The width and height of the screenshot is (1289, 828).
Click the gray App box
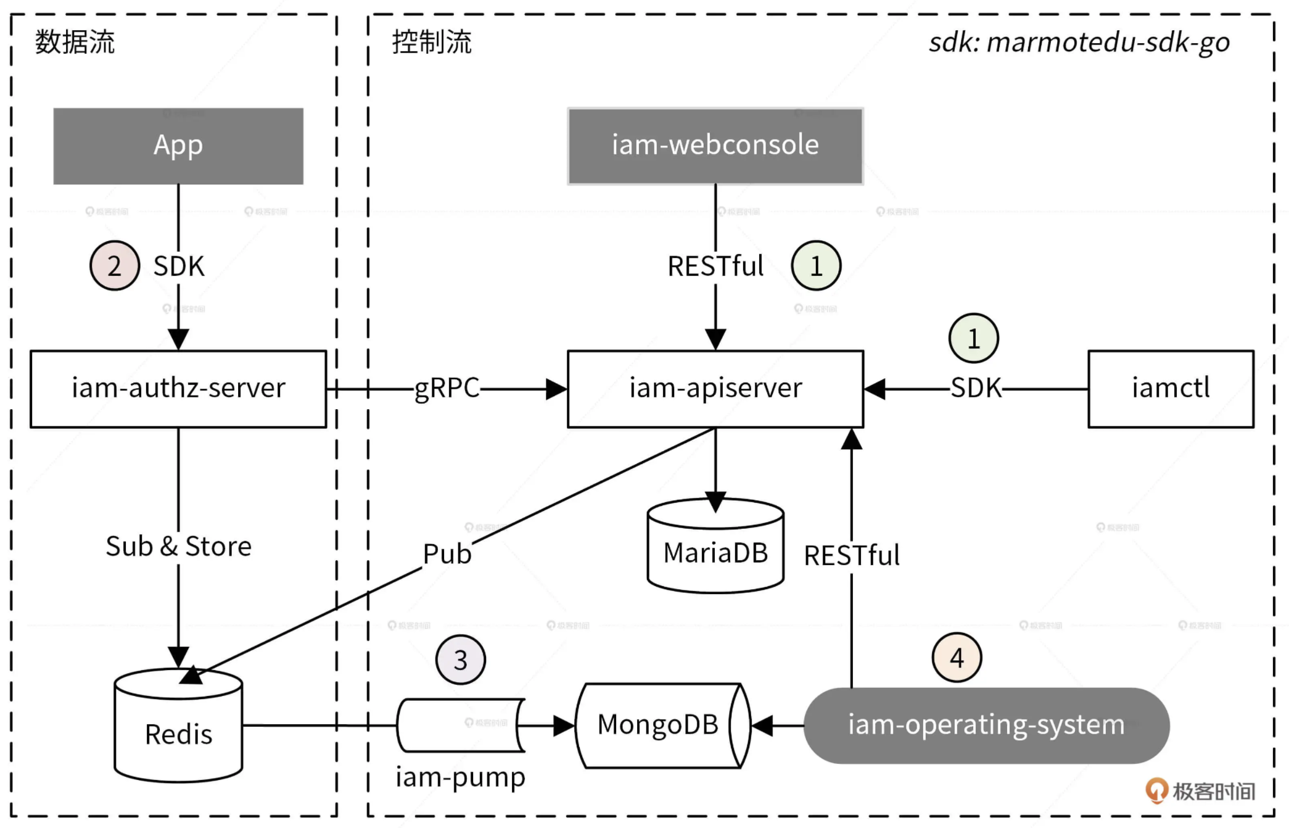pyautogui.click(x=178, y=146)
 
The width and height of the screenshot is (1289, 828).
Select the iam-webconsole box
pyautogui.click(x=715, y=146)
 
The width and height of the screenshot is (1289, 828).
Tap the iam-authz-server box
pyautogui.click(x=178, y=389)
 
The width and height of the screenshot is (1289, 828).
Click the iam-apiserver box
pyautogui.click(x=715, y=389)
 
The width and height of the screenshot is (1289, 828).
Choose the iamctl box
pyautogui.click(x=1170, y=389)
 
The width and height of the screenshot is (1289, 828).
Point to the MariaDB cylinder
pyautogui.click(x=715, y=547)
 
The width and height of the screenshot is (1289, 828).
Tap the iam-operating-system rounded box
pyautogui.click(x=986, y=725)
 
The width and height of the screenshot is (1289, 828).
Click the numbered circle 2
pyautogui.click(x=115, y=265)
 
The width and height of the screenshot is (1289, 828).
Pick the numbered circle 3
pyautogui.click(x=460, y=660)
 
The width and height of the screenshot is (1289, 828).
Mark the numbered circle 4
pyautogui.click(x=957, y=658)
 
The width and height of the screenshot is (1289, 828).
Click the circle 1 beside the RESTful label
pyautogui.click(x=816, y=265)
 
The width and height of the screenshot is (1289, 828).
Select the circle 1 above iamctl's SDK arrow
pyautogui.click(x=973, y=338)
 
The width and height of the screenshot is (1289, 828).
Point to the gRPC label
pyautogui.click(x=447, y=389)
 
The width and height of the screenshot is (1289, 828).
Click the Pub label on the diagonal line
pyautogui.click(x=447, y=553)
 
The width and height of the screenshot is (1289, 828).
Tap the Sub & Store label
pyautogui.click(x=178, y=546)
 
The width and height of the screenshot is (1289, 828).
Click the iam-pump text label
pyautogui.click(x=460, y=777)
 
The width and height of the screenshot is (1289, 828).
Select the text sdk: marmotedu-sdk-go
pyautogui.click(x=1079, y=43)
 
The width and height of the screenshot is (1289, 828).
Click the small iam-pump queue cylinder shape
pyautogui.click(x=460, y=725)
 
